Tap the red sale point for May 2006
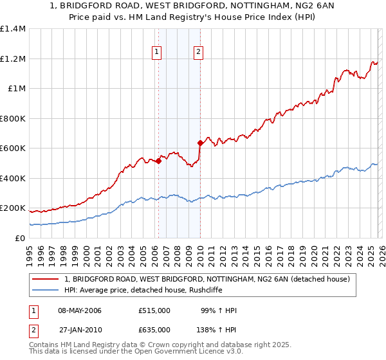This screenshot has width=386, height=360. pos(158,161)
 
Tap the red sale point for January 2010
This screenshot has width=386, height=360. pos(200,143)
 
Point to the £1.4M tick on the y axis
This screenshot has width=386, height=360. pos(13,29)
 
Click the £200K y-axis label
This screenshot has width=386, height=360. pos(13,208)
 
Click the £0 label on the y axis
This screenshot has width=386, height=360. pos(20,238)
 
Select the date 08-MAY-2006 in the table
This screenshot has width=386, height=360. pos(80,310)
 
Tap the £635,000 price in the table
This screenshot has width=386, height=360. pos(154,329)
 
